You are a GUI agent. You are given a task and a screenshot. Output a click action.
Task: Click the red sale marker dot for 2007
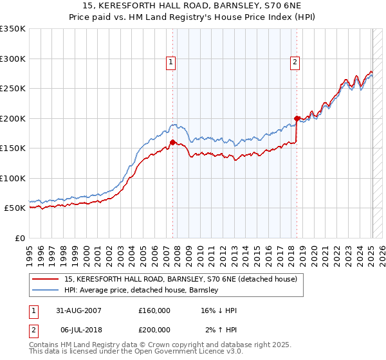click(x=172, y=143)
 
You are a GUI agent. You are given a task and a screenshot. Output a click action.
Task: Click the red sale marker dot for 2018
click(x=297, y=118)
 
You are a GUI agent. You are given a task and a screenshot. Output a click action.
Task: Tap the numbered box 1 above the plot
click(x=171, y=62)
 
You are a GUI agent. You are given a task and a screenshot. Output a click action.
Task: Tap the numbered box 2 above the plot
click(x=295, y=62)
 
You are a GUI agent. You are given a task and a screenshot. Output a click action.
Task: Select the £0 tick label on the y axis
click(x=19, y=239)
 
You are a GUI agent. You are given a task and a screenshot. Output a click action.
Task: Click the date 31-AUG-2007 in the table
click(x=76, y=311)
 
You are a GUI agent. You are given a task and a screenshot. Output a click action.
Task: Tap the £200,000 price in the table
click(x=154, y=329)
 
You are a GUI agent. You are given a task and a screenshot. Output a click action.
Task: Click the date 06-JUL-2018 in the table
click(x=75, y=329)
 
